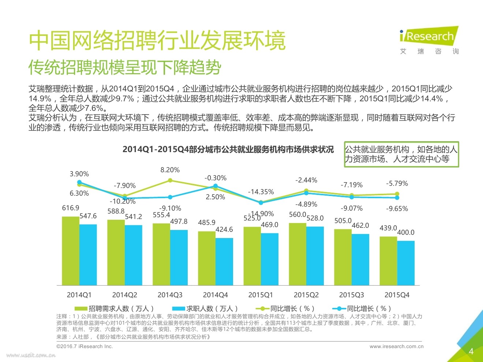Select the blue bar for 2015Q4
406,263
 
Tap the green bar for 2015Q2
297,254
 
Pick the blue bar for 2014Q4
224,261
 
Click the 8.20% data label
170,170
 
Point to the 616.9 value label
71,208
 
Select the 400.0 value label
406,233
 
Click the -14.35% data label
261,192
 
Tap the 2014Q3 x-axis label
170,295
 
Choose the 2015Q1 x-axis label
261,295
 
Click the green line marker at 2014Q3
170,180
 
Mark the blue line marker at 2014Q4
216,186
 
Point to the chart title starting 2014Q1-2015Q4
228,150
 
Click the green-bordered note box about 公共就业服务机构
401,154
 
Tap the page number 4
471,351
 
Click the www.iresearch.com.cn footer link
396,346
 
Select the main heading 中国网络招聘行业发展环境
157,40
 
